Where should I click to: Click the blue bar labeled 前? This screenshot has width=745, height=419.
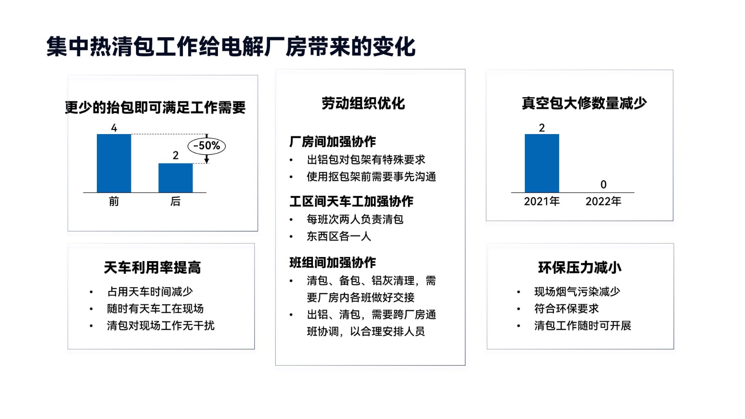tap(114, 163)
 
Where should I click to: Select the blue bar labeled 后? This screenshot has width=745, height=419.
tap(175, 178)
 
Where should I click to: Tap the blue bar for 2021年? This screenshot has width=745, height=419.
tap(542, 163)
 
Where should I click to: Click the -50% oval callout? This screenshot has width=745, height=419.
tap(207, 146)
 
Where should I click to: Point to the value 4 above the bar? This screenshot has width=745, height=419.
tap(114, 128)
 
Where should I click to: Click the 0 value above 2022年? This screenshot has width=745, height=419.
tap(603, 184)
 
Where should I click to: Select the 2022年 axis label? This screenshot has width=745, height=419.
tap(603, 202)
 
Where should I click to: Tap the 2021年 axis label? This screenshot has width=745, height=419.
tap(542, 202)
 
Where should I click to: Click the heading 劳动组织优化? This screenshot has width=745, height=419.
tap(363, 103)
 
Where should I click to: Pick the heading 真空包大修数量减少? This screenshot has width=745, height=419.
tap(584, 103)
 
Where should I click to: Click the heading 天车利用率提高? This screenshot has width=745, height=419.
tap(152, 268)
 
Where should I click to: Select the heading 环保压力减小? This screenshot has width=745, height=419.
tap(580, 268)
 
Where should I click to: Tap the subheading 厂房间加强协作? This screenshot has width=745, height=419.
tap(332, 142)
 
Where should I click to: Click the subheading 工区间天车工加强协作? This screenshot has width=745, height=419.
tap(351, 202)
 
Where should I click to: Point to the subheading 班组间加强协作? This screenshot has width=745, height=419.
tap(332, 263)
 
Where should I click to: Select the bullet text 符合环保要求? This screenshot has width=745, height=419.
tap(566, 309)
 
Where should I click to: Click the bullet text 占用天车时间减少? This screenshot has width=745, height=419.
tap(149, 292)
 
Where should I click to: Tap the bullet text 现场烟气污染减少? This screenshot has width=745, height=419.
tap(577, 292)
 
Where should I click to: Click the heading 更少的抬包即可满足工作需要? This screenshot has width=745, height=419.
tap(155, 108)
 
